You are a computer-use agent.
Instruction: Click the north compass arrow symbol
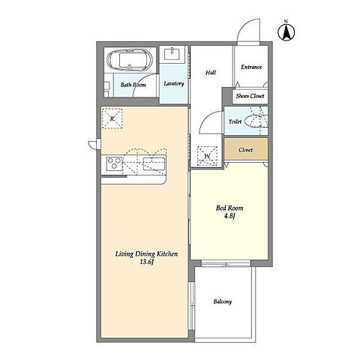[286, 31]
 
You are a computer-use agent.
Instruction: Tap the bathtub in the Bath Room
[129, 59]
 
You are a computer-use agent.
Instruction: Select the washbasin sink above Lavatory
[172, 54]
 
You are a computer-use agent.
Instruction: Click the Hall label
[211, 73]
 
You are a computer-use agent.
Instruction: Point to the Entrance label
[251, 67]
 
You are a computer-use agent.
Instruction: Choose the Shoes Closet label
[250, 96]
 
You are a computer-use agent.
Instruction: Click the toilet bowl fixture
[256, 121]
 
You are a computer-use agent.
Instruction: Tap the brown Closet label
[245, 150]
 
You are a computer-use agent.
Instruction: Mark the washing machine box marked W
[207, 156]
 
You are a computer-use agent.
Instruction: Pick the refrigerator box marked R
[112, 118]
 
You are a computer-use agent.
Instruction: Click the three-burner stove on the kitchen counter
[114, 163]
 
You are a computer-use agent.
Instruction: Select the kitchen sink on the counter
[154, 163]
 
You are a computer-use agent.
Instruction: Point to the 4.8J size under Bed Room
[229, 217]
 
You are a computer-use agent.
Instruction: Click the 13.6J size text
[146, 262]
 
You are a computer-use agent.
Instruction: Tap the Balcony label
[223, 301]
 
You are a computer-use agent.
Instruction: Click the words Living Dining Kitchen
[146, 254]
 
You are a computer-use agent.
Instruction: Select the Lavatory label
[174, 83]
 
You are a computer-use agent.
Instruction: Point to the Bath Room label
[133, 85]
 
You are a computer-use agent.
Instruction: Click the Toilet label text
[235, 121]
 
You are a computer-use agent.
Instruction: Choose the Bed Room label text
[229, 208]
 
